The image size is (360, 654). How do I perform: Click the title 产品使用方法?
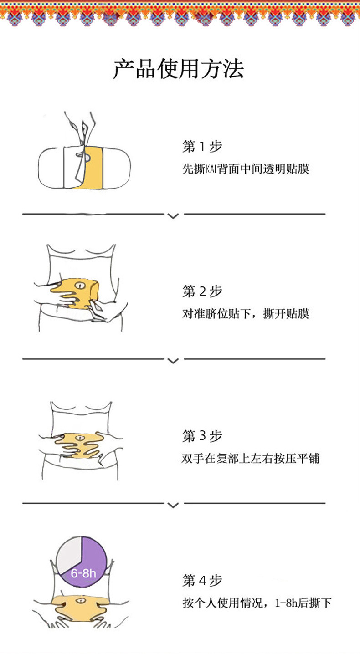(x=179, y=69)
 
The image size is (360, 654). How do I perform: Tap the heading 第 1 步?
(x=202, y=147)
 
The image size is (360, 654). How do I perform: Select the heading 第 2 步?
(x=202, y=291)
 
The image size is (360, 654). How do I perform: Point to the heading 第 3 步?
(x=202, y=436)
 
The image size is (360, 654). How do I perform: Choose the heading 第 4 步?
(x=202, y=581)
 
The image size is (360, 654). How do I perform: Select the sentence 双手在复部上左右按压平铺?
(x=251, y=459)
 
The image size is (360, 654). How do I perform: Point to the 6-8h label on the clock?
(x=83, y=573)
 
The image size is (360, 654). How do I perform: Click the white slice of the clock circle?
(x=69, y=553)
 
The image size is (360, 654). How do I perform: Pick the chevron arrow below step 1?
(x=173, y=215)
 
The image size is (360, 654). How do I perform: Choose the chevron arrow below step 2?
(x=173, y=360)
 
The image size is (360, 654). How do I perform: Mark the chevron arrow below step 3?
(x=173, y=505)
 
